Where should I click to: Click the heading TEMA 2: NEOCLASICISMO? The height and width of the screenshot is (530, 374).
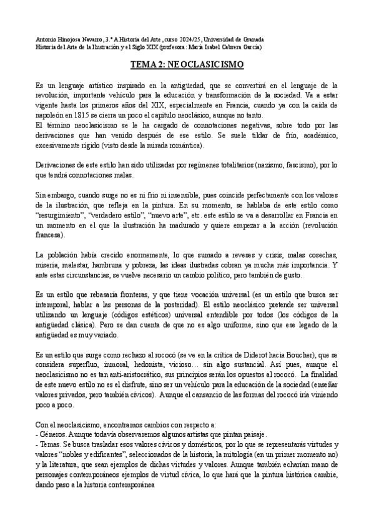tap(187, 64)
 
